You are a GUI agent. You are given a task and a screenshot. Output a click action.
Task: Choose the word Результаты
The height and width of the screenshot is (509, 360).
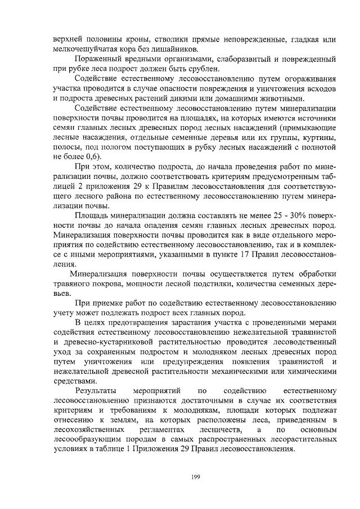(x=96, y=390)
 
